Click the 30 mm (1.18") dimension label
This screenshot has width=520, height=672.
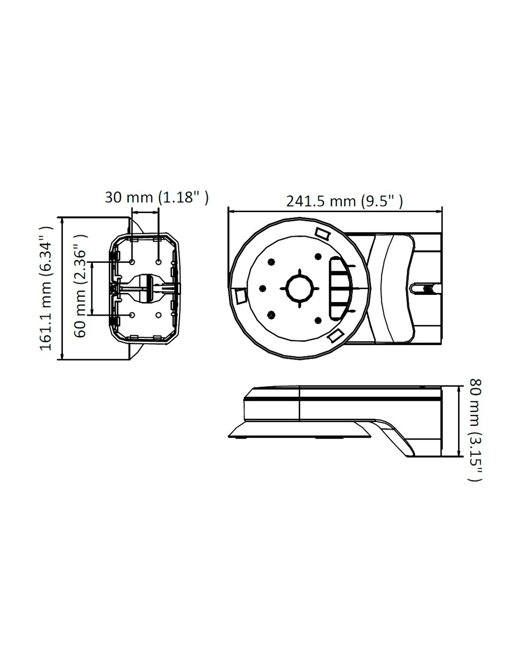[156, 198]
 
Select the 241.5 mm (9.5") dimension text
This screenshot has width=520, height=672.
[344, 202]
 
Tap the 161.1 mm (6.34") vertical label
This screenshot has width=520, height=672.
[46, 288]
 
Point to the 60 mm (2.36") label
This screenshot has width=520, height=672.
[80, 285]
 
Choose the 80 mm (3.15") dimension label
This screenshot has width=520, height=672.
[474, 434]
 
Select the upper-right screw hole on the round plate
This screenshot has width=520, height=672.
[317, 256]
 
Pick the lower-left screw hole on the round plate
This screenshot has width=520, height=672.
[272, 315]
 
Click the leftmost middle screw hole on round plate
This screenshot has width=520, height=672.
[263, 288]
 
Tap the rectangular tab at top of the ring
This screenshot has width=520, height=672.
[322, 233]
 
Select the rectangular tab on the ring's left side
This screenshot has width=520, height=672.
[241, 296]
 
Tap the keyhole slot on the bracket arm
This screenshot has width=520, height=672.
[425, 288]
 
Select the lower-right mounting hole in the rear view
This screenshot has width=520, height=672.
[158, 315]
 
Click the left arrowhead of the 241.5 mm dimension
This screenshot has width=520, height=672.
[231, 212]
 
